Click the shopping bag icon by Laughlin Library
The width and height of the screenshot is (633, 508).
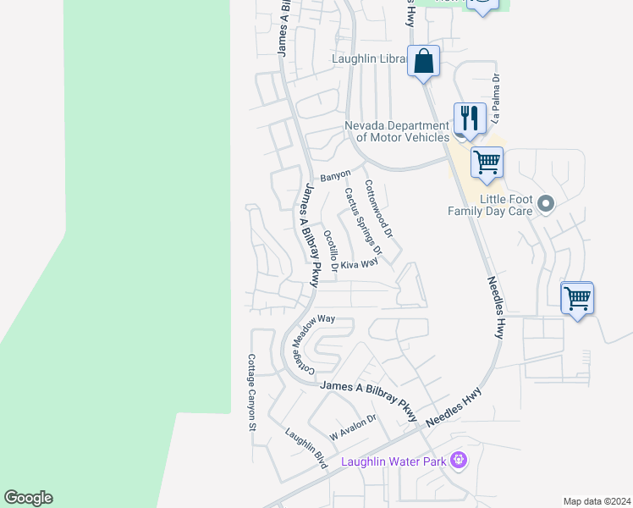(x=423, y=63)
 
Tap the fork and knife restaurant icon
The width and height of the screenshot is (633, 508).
(x=469, y=119)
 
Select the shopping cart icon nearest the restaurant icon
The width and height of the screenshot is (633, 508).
(x=487, y=163)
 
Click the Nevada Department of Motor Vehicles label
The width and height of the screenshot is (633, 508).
(x=397, y=131)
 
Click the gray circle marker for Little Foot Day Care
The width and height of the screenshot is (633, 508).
(x=546, y=203)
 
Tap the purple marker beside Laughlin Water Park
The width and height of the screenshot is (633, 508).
(x=459, y=461)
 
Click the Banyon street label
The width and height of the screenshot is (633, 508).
(x=335, y=175)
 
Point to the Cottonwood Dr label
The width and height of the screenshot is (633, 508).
(x=378, y=207)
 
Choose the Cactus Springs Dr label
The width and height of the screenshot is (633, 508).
(x=363, y=221)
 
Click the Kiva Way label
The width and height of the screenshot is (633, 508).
(x=359, y=264)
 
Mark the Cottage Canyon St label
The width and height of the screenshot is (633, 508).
(x=251, y=392)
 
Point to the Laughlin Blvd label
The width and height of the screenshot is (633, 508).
(x=305, y=450)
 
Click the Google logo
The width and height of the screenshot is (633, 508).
(x=28, y=498)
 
